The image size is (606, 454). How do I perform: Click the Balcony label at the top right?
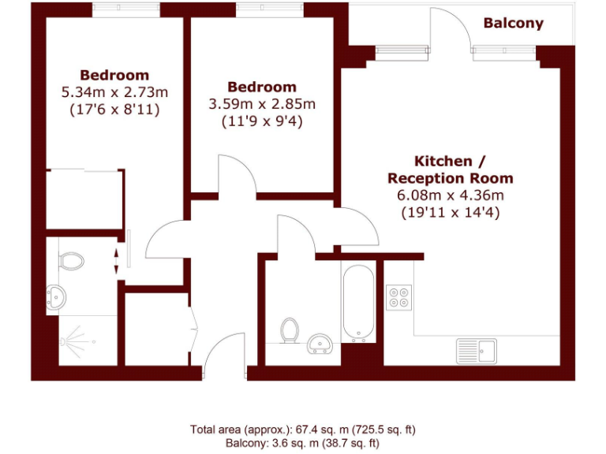pos(513,23)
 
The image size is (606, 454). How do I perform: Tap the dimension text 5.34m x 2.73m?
pos(114,93)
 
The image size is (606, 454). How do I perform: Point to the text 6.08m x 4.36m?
pos(451,195)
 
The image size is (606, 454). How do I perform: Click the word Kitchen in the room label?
pos(443,161)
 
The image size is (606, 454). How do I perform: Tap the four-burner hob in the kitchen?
pos(398,296)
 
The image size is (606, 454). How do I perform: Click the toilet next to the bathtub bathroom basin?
pos(290,330)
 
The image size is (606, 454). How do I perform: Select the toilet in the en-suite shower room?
pos(72,260)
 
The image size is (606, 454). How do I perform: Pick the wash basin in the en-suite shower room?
pos(56,297)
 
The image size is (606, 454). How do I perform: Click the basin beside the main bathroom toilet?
pos(320,344)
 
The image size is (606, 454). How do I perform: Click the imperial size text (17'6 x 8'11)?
pos(114,110)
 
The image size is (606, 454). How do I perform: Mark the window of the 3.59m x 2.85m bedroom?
pos(268,10)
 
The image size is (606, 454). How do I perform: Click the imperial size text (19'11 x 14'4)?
pos(451,212)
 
